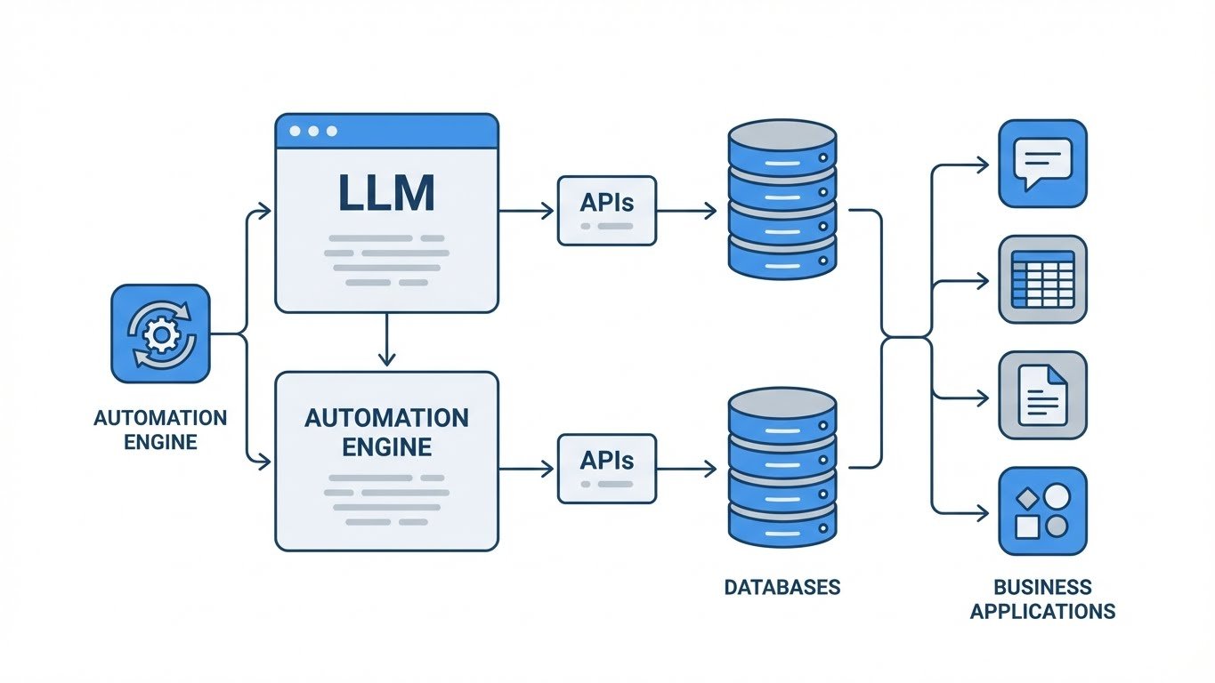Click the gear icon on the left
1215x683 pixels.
pos(160,333)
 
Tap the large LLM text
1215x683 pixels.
pos(386,193)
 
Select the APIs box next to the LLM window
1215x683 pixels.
pos(606,210)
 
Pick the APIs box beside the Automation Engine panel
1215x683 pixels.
pos(606,468)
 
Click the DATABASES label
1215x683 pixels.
pos(782,587)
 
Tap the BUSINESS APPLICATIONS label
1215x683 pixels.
pos(1042,599)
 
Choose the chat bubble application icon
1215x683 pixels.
pos(1042,164)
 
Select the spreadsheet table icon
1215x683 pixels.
pos(1042,279)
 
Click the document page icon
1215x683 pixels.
pos(1042,395)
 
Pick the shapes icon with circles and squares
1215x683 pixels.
pos(1042,510)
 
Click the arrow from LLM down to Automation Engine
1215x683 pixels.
pos(386,341)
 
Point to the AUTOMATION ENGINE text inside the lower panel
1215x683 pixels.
pos(386,430)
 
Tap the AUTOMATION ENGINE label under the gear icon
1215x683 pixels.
pos(160,429)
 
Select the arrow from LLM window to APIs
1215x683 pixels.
pos(527,211)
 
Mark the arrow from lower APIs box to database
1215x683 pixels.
pos(686,469)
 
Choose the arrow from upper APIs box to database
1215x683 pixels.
pos(686,211)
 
